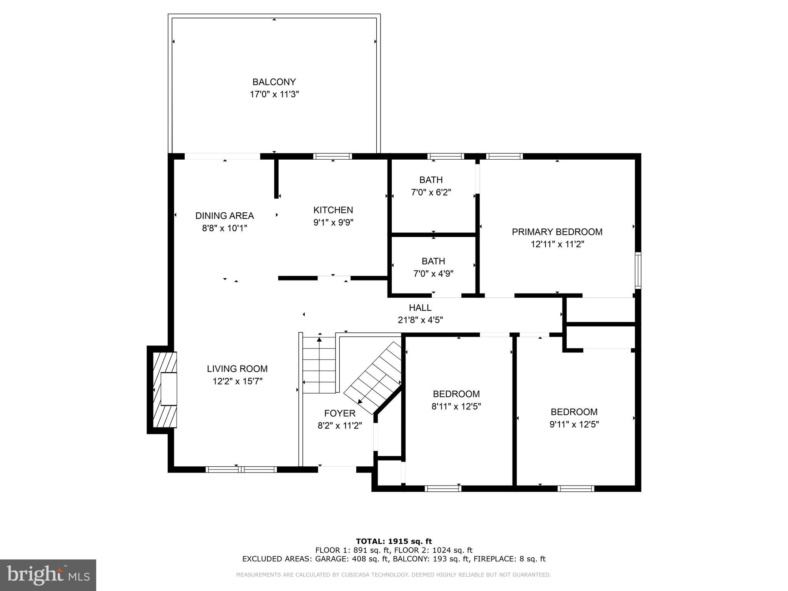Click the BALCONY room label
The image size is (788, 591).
click(x=274, y=82)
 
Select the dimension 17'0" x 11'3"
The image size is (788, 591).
click(x=274, y=94)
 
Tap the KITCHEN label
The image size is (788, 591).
click(x=333, y=210)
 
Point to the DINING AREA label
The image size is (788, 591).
click(x=224, y=215)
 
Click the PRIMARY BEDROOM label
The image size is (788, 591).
click(x=557, y=232)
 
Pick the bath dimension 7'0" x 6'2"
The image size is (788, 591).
click(x=431, y=192)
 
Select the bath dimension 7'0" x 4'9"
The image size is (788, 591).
click(x=433, y=274)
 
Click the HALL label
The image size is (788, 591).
click(x=420, y=307)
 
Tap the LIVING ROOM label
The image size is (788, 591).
click(x=237, y=369)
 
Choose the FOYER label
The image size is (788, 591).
click(x=339, y=413)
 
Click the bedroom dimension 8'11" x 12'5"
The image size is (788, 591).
click(x=456, y=406)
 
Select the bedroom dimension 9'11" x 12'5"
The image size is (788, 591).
click(x=574, y=424)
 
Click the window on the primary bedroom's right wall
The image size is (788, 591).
click(x=638, y=270)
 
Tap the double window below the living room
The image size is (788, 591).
click(x=241, y=469)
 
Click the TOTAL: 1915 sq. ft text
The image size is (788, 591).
click(x=394, y=541)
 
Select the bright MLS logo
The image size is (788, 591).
click(x=48, y=575)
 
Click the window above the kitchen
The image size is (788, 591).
click(x=332, y=156)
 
